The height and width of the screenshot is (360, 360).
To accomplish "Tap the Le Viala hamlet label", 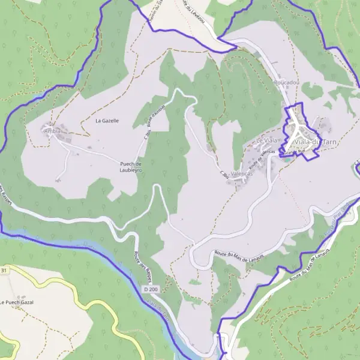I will (x=268, y=140).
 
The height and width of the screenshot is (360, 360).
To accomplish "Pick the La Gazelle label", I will (x=107, y=121).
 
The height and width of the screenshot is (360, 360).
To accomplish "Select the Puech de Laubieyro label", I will (x=130, y=167).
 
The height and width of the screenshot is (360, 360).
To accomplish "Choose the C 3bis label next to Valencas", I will (x=225, y=175).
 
